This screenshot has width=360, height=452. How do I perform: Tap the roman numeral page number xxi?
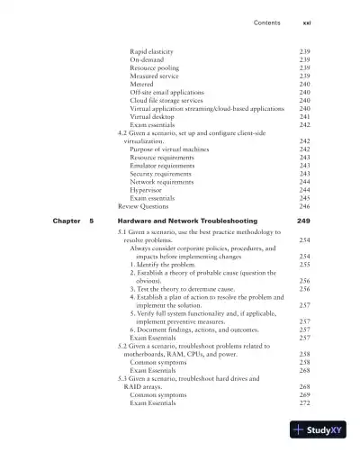coord(305,22)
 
